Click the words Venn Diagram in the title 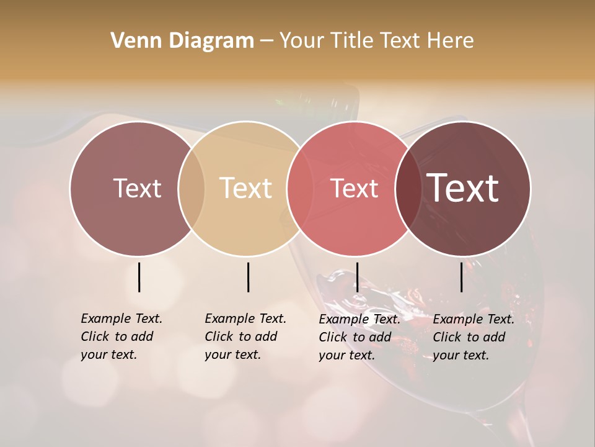click(182, 41)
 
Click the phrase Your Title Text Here click(376, 41)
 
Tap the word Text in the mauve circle click(137, 188)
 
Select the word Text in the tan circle click(246, 188)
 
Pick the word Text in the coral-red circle click(354, 188)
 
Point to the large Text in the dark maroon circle click(463, 188)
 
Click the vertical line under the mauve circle click(139, 277)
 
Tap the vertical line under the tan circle click(248, 277)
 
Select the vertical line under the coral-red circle click(357, 277)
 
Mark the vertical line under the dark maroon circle click(462, 277)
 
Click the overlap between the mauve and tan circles click(192, 188)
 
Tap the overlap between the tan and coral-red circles click(295, 188)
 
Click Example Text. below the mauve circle click(121, 318)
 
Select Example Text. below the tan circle click(245, 318)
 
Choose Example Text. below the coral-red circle click(359, 319)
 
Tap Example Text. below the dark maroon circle click(474, 319)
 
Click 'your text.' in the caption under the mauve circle click(108, 355)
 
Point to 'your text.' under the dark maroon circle click(461, 356)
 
